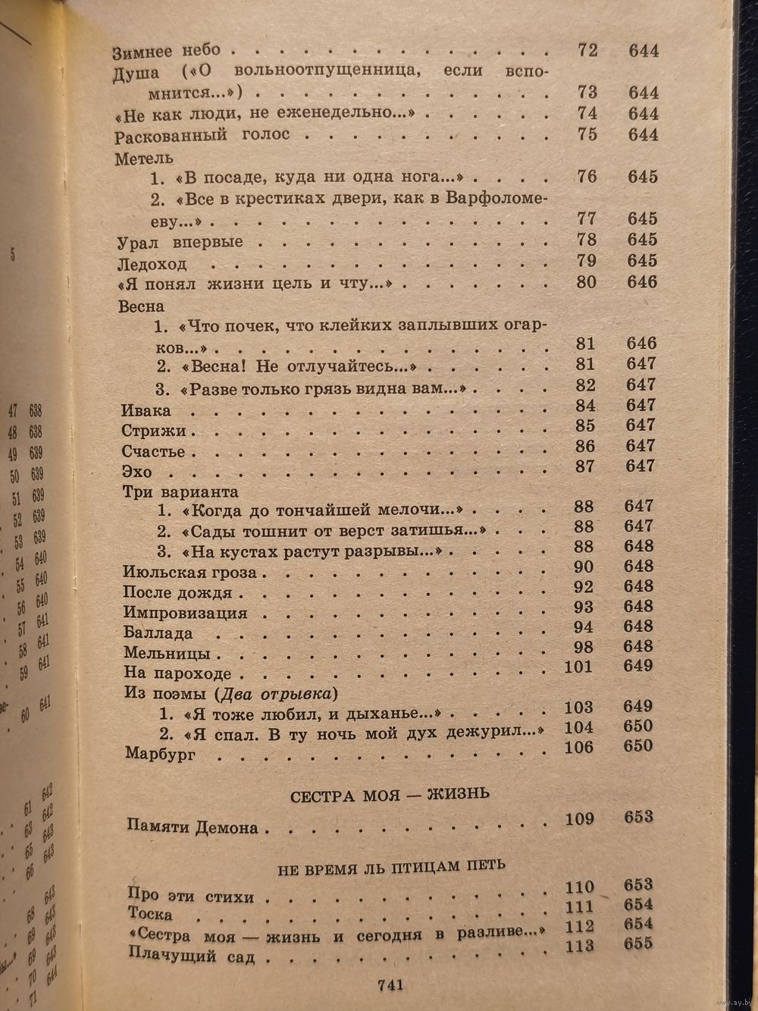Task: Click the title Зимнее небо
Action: tap(167, 52)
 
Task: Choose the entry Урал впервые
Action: tap(181, 243)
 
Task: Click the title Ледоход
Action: tap(153, 265)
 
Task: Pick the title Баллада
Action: tap(158, 633)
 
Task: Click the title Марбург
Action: tap(160, 755)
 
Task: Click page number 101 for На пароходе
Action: tap(580, 666)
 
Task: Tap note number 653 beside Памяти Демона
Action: tap(638, 818)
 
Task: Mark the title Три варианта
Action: tap(180, 491)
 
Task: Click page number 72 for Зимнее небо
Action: tap(587, 51)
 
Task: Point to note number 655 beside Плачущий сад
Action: tap(638, 945)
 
